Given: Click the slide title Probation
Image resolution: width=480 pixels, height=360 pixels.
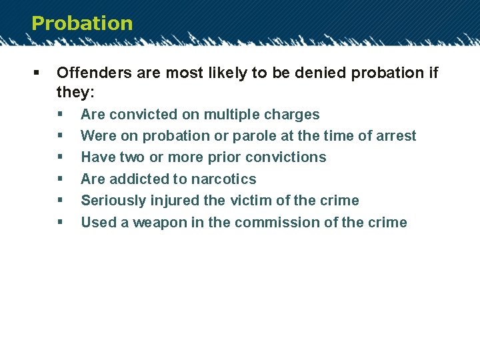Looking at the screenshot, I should coord(82,23).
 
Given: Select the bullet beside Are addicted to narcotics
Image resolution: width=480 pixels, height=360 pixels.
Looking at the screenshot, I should coord(60,179).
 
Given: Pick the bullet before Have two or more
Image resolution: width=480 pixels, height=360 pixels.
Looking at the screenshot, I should coord(60,157).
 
